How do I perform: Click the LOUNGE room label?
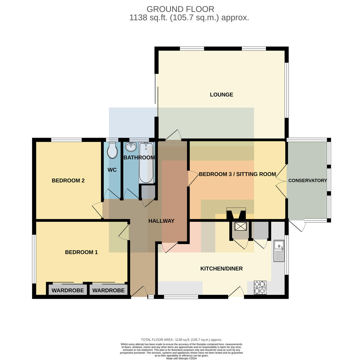[x=221, y=95]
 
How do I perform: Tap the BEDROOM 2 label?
[x=68, y=181]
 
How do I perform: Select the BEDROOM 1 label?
[x=81, y=252]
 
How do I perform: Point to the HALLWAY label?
[x=161, y=221]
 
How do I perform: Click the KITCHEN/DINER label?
[x=221, y=269]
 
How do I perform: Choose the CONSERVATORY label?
[x=307, y=181]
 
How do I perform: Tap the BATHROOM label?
[x=139, y=158]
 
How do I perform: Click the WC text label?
[x=112, y=170]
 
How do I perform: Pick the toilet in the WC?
[x=113, y=150]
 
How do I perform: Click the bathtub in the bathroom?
[x=146, y=163]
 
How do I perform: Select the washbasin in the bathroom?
[x=131, y=147]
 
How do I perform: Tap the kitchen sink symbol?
[x=279, y=251]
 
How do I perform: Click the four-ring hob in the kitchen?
[x=260, y=288]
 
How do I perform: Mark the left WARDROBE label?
[x=68, y=290]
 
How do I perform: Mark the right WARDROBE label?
[x=108, y=290]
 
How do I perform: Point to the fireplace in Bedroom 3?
[x=236, y=213]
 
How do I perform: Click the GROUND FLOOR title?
[x=180, y=9]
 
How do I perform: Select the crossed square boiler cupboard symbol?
[x=240, y=226]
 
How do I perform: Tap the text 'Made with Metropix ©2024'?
[x=181, y=358]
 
